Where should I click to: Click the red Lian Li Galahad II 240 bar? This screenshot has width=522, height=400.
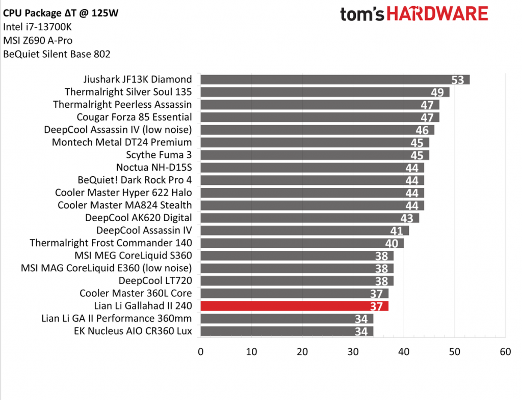coord(294,306)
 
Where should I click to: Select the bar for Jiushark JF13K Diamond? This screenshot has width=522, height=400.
coord(334,80)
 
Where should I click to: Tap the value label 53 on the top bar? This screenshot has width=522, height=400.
coord(457,80)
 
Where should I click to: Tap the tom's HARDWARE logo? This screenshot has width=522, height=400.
coord(414,14)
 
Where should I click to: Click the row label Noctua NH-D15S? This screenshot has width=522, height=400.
coord(154,168)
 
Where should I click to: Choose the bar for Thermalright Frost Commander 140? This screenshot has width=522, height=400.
coord(302,243)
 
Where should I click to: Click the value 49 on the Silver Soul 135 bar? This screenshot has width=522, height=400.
coord(437,92)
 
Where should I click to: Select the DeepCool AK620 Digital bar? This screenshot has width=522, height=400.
coord(309,218)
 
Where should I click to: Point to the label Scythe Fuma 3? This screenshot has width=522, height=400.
coord(159,155)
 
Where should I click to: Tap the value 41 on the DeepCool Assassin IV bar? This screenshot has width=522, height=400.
coord(397,231)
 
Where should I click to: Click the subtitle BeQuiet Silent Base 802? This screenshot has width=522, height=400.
coord(57,54)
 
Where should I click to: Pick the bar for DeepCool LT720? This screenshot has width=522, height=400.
coord(297,281)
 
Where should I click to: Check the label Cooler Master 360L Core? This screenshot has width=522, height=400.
coord(136,293)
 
